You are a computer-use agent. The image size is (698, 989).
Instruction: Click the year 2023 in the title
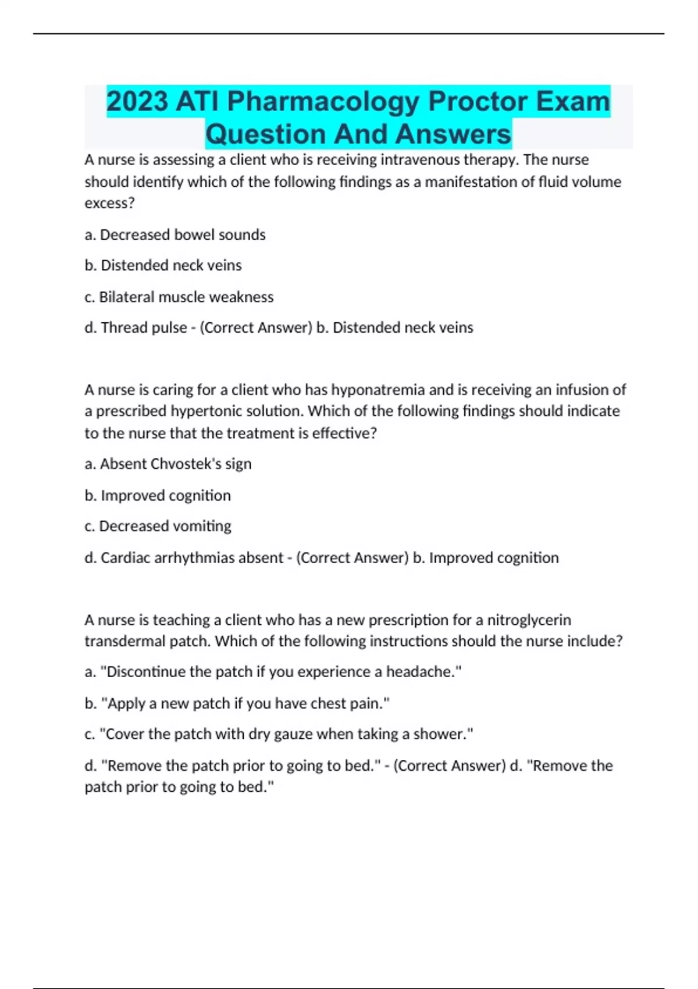137,101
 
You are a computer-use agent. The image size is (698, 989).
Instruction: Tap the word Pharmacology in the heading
323,101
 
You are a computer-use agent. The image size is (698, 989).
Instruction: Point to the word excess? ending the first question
109,204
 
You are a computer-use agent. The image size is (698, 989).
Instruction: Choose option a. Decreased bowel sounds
175,234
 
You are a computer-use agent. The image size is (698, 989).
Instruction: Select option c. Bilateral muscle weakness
179,297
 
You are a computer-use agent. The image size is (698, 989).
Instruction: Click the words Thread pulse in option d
144,328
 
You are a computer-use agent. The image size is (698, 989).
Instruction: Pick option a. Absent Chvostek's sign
168,464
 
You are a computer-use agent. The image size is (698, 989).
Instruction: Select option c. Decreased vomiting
158,526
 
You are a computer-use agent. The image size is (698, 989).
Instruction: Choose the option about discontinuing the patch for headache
273,672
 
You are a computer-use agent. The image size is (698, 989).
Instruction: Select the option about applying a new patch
237,703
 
